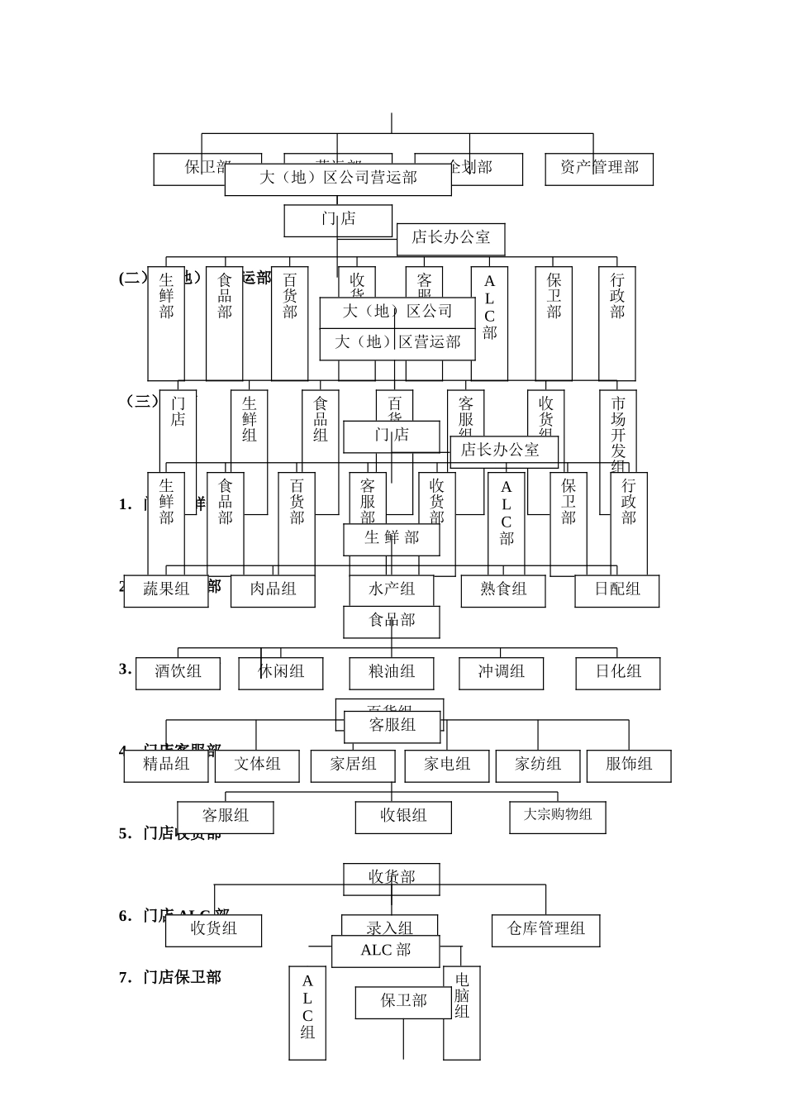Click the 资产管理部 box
[x=599, y=169]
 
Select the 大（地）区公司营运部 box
[x=338, y=179]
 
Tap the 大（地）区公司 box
[x=397, y=312]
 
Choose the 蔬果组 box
[x=166, y=590]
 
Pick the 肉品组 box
[x=273, y=590]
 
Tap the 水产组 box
[x=392, y=590]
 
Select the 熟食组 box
[x=503, y=590]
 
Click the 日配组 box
[x=617, y=590]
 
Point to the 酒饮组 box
[x=178, y=672]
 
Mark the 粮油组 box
[x=392, y=672]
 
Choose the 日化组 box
[x=618, y=672]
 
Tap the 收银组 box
[x=403, y=817]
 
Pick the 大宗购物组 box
[x=558, y=816]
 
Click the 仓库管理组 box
[x=545, y=930]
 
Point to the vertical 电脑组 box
[x=462, y=1013]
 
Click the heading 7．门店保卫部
[x=170, y=978]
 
